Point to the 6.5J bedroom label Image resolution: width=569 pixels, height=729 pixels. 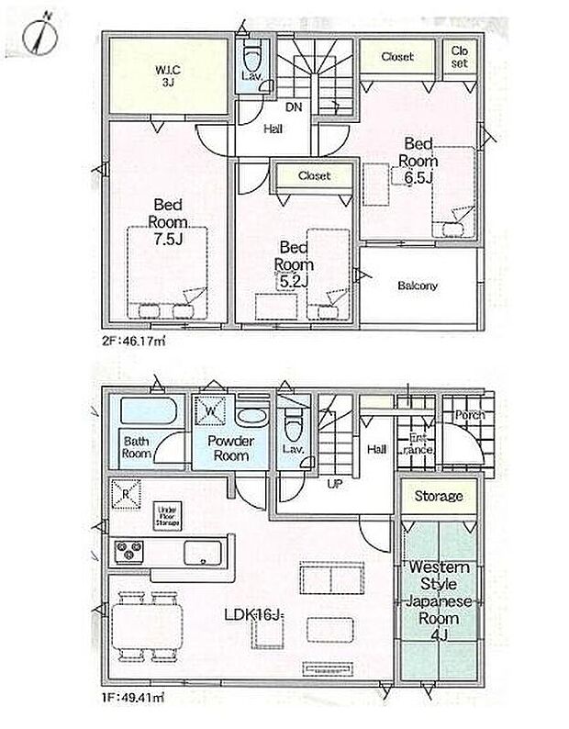coord(418,162)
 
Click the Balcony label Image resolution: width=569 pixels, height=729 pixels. coord(418,286)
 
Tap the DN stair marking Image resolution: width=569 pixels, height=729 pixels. coord(294,107)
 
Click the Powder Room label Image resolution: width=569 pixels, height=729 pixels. coord(229,448)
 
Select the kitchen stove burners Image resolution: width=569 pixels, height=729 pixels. coord(128,552)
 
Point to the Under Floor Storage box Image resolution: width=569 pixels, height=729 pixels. coord(166,516)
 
